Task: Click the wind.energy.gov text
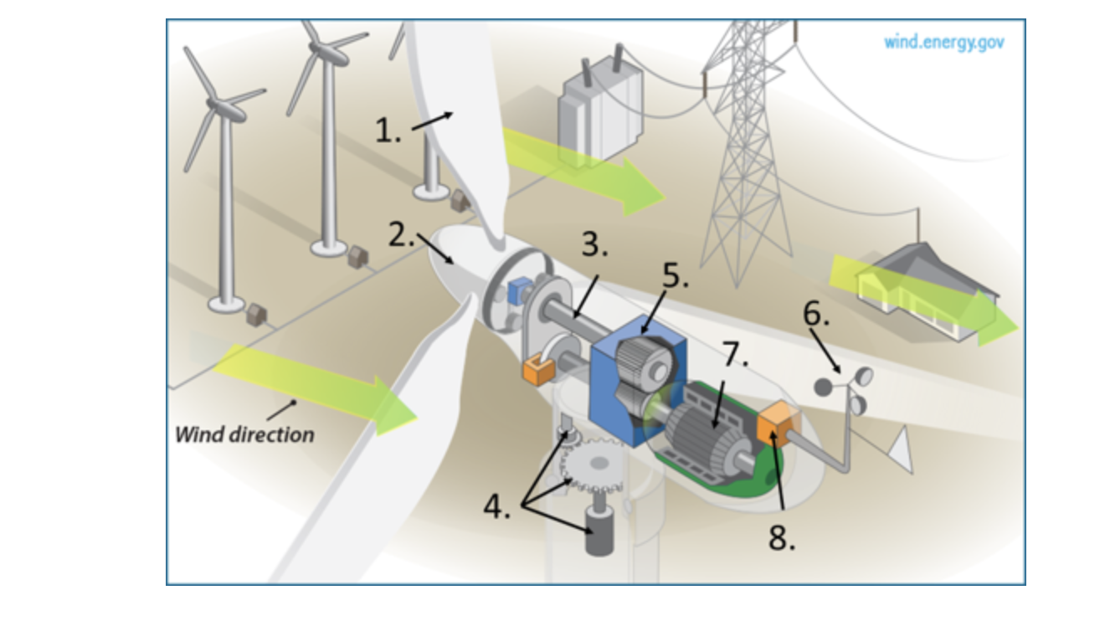[x=943, y=42]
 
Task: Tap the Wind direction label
[x=244, y=434]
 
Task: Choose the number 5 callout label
[x=675, y=277]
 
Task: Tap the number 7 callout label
[x=734, y=355]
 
